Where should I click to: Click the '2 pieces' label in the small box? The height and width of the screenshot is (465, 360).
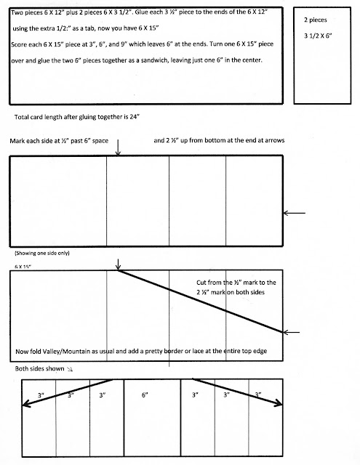pyautogui.click(x=315, y=20)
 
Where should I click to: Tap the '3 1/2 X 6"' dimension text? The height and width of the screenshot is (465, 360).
pyautogui.click(x=318, y=36)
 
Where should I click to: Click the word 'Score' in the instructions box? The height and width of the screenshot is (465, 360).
pyautogui.click(x=19, y=44)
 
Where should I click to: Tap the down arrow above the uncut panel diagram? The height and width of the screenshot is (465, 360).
pyautogui.click(x=118, y=147)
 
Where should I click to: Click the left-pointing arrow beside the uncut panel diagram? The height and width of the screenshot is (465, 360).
pyautogui.click(x=294, y=213)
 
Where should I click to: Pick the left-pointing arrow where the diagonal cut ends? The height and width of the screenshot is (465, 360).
pyautogui.click(x=291, y=333)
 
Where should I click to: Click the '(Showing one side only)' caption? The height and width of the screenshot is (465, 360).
pyautogui.click(x=42, y=254)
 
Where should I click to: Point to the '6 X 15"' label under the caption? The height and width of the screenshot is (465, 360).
pyautogui.click(x=23, y=267)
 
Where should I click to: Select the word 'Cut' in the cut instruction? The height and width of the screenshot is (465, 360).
pyautogui.click(x=201, y=283)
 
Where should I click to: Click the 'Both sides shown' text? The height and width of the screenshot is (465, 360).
pyautogui.click(x=39, y=368)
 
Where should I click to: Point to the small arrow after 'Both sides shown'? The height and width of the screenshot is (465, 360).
pyautogui.click(x=70, y=369)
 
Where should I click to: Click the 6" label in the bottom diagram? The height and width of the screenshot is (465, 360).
pyautogui.click(x=145, y=395)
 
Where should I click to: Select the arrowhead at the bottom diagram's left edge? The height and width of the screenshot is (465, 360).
pyautogui.click(x=25, y=403)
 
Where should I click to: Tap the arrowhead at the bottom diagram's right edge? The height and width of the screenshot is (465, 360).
pyautogui.click(x=279, y=403)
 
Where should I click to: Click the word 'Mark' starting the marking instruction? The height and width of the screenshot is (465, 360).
pyautogui.click(x=16, y=141)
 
